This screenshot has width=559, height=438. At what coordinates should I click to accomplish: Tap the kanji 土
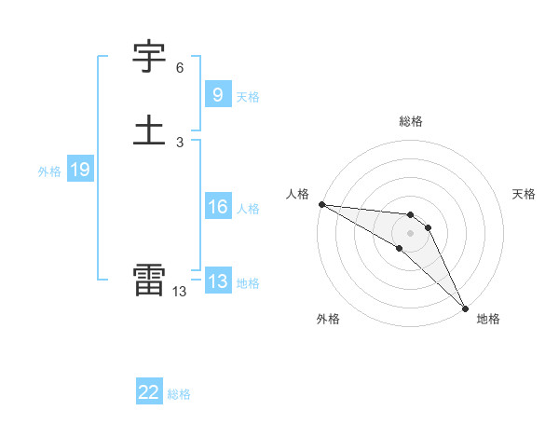tap(149, 130)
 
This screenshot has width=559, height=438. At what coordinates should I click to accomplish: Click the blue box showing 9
tap(217, 94)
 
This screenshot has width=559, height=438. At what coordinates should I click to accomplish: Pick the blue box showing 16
tap(217, 207)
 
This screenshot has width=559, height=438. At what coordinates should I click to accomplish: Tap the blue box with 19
tap(79, 170)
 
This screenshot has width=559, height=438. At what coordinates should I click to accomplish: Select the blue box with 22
tap(149, 392)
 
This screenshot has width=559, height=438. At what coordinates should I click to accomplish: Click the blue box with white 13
tap(217, 281)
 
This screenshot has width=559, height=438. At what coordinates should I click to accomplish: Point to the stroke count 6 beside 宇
tap(180, 68)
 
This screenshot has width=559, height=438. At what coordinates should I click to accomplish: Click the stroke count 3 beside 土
tap(180, 142)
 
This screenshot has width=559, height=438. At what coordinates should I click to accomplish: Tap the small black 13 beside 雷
tap(179, 292)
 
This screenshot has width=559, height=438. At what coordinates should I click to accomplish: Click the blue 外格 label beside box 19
tap(49, 171)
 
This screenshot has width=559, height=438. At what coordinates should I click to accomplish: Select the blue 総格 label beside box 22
tap(179, 394)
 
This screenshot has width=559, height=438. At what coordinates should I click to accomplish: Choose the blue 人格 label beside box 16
tap(248, 209)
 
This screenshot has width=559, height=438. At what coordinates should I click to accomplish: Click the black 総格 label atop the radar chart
tap(411, 121)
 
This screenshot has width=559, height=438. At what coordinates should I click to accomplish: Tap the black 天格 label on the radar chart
tap(524, 194)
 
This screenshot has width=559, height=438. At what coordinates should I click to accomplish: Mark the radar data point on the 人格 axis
tap(321, 204)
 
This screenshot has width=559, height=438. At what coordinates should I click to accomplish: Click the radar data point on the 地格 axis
tap(465, 307)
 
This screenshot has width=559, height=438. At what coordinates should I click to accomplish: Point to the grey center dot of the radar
tap(411, 232)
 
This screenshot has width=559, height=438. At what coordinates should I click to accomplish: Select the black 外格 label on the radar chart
tap(328, 319)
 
